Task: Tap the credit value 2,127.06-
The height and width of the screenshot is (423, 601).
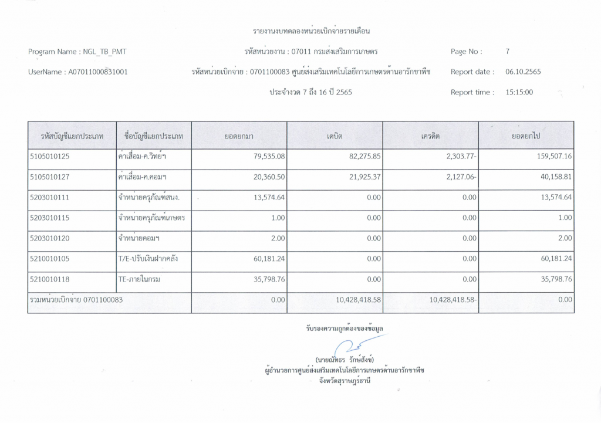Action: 460,177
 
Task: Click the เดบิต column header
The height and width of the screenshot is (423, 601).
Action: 335,136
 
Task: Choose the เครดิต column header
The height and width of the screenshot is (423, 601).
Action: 430,136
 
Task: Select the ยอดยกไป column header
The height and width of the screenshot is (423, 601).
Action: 526,136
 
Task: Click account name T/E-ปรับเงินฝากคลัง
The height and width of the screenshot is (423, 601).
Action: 148,259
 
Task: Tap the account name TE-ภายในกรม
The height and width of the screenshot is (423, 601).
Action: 140,280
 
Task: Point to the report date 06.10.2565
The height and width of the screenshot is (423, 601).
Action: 523,72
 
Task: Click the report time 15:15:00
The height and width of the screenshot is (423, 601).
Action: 519,92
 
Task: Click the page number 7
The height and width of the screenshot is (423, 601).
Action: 507,52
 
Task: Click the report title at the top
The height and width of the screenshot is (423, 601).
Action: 312,31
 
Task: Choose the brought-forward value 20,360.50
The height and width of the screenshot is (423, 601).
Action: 269,177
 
